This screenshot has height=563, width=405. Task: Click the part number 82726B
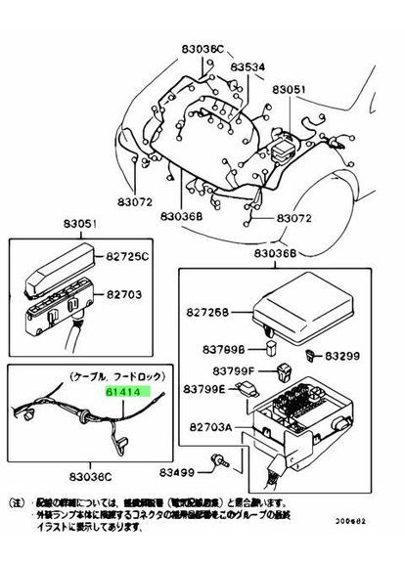(x=207, y=313)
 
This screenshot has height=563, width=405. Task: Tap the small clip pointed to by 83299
(x=311, y=353)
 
